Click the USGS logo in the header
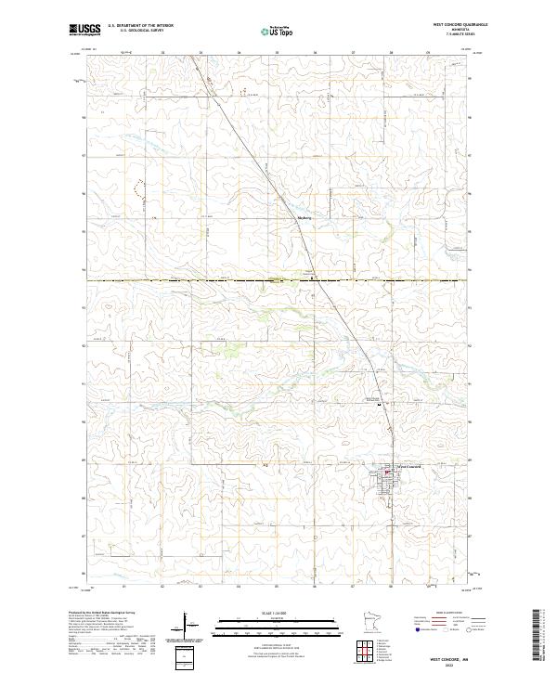(x=84, y=30)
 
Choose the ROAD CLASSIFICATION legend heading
(x=446, y=614)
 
